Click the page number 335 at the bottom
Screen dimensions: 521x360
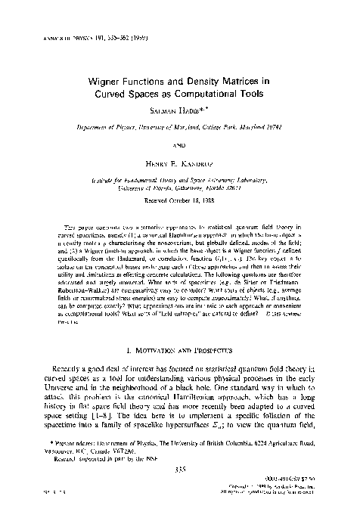[x=179, y=488]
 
